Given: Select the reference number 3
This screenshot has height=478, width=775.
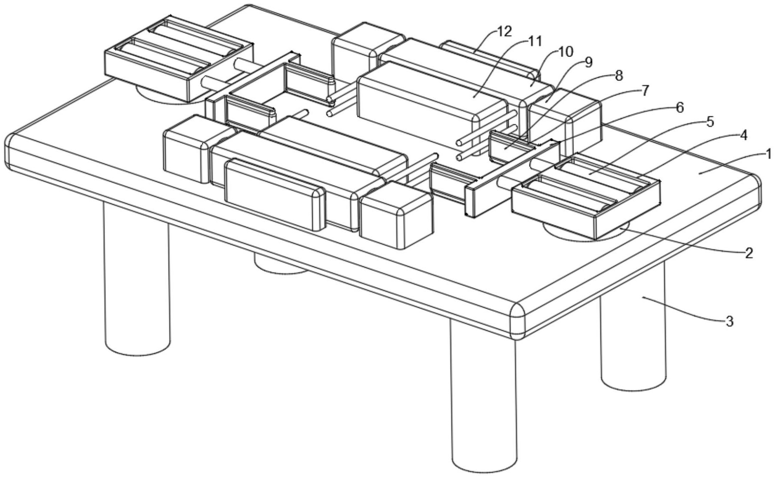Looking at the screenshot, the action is (729, 322).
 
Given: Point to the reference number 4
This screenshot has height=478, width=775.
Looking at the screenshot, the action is (743, 136).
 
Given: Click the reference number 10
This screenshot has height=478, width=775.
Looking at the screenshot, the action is (564, 52).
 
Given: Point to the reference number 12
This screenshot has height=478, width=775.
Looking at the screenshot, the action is (504, 31).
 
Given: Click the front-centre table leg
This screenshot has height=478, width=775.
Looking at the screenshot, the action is (484, 395).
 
